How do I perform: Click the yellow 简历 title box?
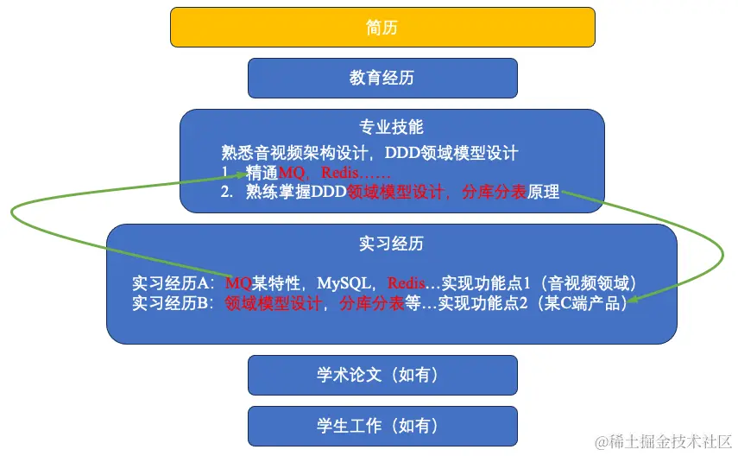382,27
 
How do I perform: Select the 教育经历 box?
382,78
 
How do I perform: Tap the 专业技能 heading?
391,127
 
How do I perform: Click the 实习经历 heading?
391,244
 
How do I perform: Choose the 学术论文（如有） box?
382,375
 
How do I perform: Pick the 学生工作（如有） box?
382,426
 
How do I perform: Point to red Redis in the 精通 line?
339,174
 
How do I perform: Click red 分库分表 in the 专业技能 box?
494,193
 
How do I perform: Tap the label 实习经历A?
173,283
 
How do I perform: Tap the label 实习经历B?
173,303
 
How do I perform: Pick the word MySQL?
344,283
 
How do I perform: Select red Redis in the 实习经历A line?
406,283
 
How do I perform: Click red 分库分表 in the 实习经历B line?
372,303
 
